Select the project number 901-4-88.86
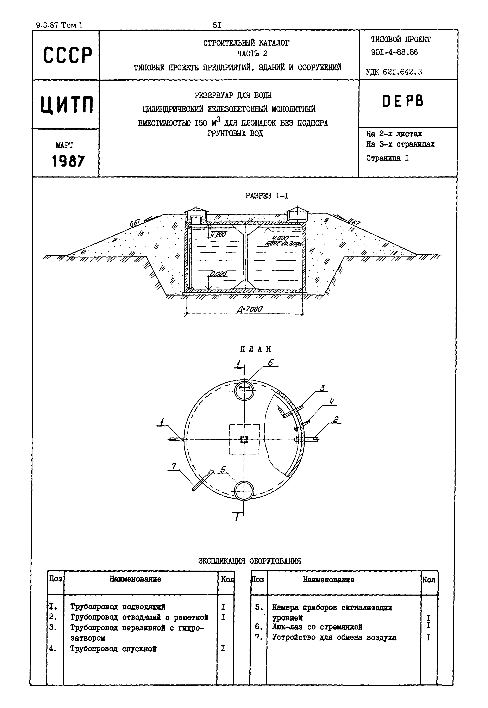tap(394, 52)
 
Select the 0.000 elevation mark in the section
tap(218, 274)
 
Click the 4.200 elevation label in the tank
tap(218, 235)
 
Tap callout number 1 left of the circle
tap(162, 422)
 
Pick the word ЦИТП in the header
tap(67, 104)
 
